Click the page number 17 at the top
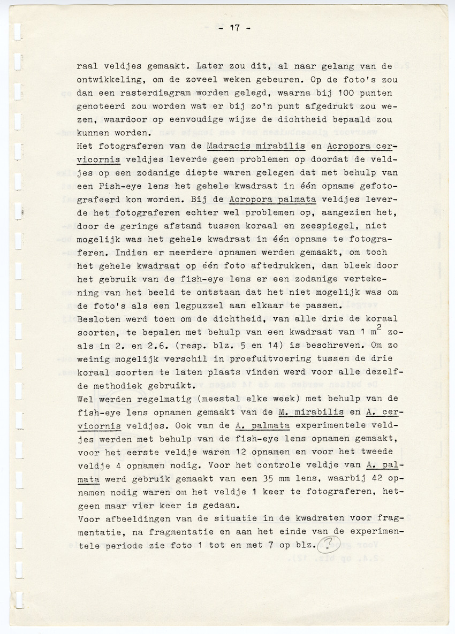pos(234,28)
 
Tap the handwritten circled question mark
pos(330,545)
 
